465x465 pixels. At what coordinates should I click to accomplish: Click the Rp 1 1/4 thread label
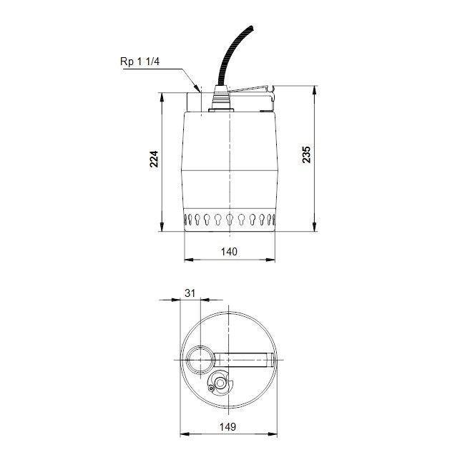coord(140,62)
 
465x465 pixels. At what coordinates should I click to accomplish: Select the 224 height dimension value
coord(154,159)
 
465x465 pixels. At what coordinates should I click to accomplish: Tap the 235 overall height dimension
coord(307,155)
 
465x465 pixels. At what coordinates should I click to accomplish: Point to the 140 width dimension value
coord(229,251)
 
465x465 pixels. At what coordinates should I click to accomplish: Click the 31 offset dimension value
coord(190,293)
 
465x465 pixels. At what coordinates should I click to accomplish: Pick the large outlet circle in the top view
coord(201,359)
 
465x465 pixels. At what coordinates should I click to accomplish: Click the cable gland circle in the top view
coord(221,384)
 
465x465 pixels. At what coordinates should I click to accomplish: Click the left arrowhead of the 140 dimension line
coord(187,260)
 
